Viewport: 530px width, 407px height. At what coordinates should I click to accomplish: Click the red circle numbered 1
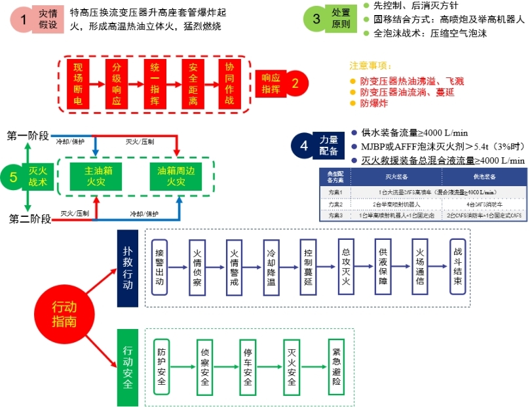(24, 20)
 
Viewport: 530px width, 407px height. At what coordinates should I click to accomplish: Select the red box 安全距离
(193, 85)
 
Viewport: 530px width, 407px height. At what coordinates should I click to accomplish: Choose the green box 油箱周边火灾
(176, 176)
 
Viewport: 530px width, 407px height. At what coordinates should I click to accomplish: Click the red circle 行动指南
(64, 313)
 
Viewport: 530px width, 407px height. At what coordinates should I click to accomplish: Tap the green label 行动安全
(127, 367)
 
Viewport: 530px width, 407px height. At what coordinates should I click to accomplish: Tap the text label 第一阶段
(28, 136)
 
